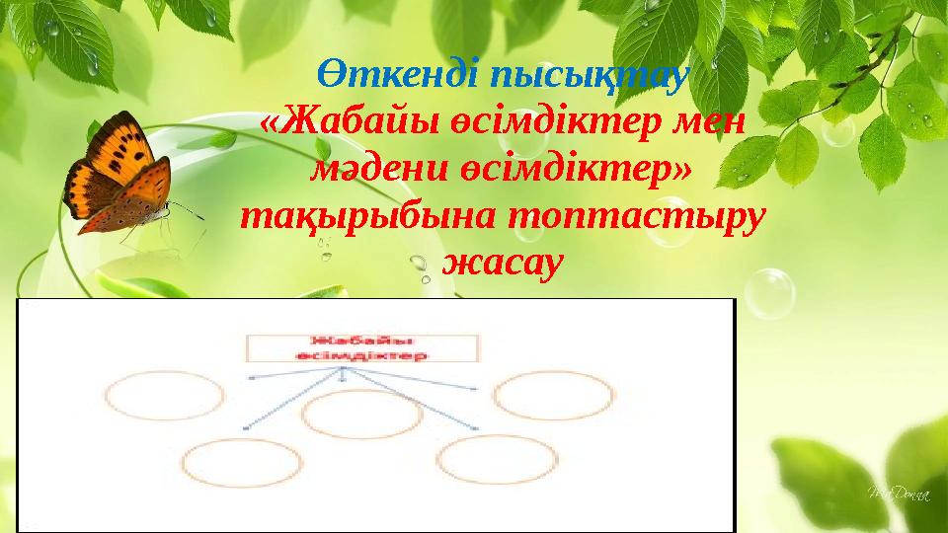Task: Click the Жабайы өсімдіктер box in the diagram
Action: tap(362, 346)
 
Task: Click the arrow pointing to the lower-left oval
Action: tap(291, 401)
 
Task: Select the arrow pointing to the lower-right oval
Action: tap(415, 401)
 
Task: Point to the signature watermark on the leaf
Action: tap(894, 491)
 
